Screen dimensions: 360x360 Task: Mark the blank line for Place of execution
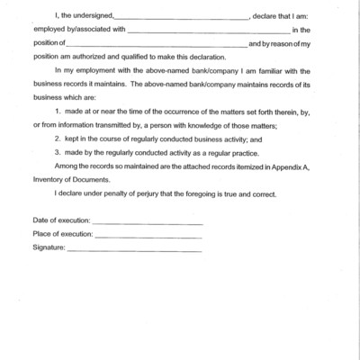point(148,237)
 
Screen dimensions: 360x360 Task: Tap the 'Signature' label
point(48,247)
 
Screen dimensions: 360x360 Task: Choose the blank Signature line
point(134,250)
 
